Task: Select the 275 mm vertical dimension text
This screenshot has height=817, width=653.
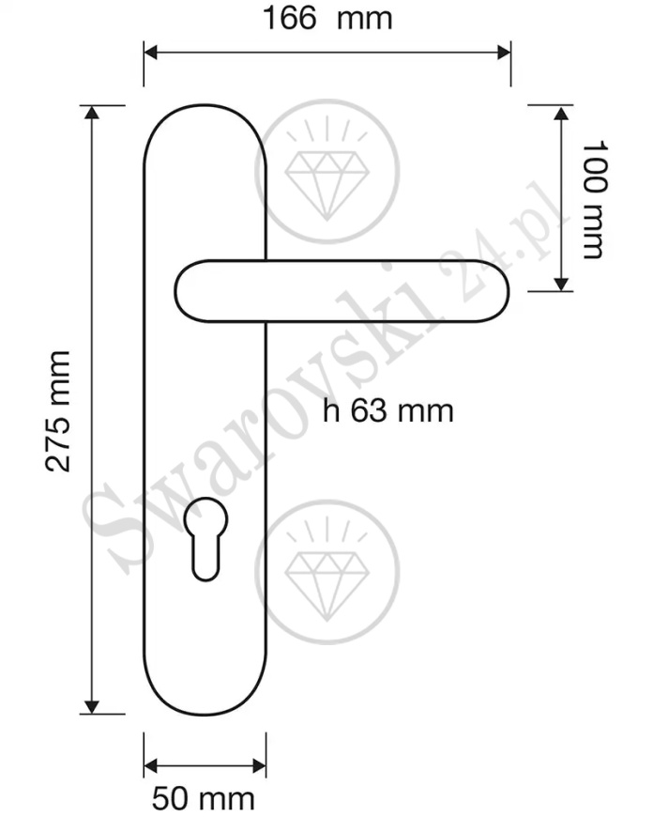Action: point(58,409)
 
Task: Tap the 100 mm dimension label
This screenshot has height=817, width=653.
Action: point(595,199)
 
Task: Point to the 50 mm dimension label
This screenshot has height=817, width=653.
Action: point(204,798)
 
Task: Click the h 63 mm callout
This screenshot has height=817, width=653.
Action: point(387,410)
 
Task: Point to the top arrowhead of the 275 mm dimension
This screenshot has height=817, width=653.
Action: point(91,114)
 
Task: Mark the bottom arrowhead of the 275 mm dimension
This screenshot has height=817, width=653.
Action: point(91,706)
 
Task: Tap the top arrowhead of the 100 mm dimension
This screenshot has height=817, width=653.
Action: point(561,114)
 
